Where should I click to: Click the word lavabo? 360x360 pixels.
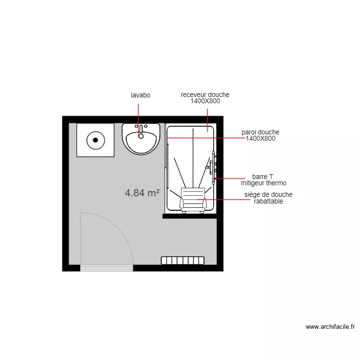[x=141, y=95]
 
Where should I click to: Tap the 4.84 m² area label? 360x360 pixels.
[x=142, y=193]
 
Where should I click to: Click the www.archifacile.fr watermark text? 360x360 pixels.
[x=330, y=327]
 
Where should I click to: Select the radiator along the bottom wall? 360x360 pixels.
[x=182, y=260]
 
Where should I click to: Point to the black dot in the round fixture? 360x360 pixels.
[x=96, y=140]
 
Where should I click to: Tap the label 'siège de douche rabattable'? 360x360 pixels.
[x=268, y=198]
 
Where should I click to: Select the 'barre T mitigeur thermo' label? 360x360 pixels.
[x=264, y=180]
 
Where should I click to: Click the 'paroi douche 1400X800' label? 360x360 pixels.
[x=261, y=135]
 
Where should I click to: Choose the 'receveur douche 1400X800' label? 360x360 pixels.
[x=205, y=98]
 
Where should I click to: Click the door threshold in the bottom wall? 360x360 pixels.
[x=107, y=268]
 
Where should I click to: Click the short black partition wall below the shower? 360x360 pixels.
[x=190, y=216]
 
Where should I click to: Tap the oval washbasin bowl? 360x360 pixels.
[x=141, y=141]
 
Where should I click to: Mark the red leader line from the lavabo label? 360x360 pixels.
[x=139, y=115]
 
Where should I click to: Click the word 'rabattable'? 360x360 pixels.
[x=268, y=202]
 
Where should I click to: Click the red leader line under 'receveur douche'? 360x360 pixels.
[x=207, y=118]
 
